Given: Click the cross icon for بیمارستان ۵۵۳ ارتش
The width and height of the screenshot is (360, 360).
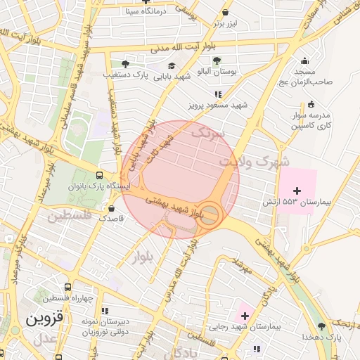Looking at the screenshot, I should [297, 191].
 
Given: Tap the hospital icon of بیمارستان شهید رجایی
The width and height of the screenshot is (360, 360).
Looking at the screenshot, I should [245, 316].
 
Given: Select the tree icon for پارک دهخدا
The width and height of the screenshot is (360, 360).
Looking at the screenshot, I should [322, 326].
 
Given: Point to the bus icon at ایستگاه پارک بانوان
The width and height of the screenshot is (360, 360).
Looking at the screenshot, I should [98, 176].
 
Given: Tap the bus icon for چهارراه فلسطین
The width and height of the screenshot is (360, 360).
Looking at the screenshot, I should [67, 287].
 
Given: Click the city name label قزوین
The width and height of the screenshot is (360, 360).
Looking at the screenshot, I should [45, 318].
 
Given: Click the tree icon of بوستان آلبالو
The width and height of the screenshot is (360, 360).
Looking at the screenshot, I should [217, 60].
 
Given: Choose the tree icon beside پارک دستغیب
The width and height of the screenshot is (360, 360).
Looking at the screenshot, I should [126, 63].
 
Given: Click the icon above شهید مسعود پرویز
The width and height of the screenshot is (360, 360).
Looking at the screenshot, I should [218, 94].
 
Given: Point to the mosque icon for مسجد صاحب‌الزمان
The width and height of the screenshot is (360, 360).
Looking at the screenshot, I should [304, 61].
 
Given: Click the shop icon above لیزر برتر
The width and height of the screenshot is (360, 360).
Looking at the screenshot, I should [225, 12].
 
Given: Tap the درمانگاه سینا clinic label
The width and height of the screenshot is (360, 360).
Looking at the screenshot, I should [143, 11].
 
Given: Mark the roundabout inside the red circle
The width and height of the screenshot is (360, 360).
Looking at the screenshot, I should [210, 215].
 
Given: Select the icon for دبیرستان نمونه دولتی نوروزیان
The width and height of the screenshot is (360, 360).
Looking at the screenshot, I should [105, 310].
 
